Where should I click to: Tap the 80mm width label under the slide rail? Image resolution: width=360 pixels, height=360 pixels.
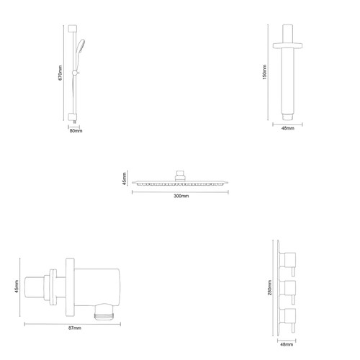point(74,131)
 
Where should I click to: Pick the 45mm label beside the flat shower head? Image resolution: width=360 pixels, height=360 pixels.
point(125,179)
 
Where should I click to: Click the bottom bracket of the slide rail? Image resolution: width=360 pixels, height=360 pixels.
point(74,115)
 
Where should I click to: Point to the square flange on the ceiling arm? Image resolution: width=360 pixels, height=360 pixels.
point(287,46)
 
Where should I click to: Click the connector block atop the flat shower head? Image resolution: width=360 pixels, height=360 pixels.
point(180,174)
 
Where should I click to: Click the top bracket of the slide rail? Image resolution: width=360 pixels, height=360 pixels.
point(74,29)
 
